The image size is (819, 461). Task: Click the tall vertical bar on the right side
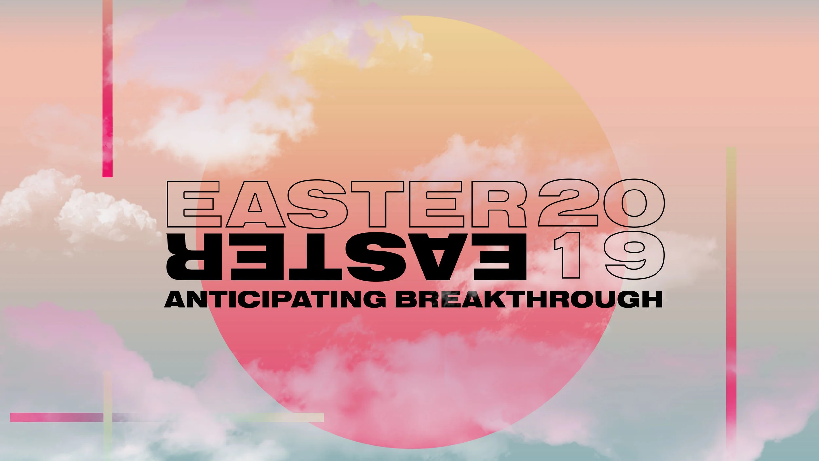coord(731,295)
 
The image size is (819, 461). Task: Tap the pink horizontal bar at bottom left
coord(56,417)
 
